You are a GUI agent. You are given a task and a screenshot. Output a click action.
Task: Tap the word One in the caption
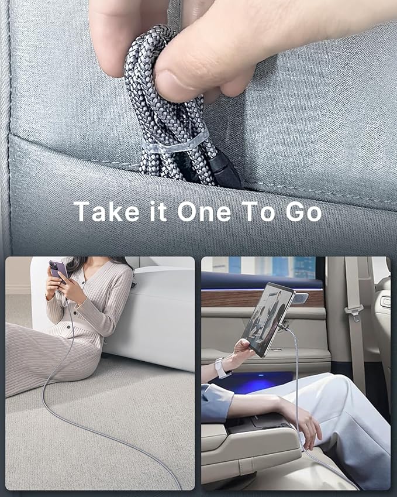click(x=204, y=211)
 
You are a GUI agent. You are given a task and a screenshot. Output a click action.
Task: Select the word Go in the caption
click(x=303, y=212)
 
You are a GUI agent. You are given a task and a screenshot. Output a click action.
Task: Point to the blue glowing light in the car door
click(x=257, y=381)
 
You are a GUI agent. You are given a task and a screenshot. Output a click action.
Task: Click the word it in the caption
click(x=158, y=211)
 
